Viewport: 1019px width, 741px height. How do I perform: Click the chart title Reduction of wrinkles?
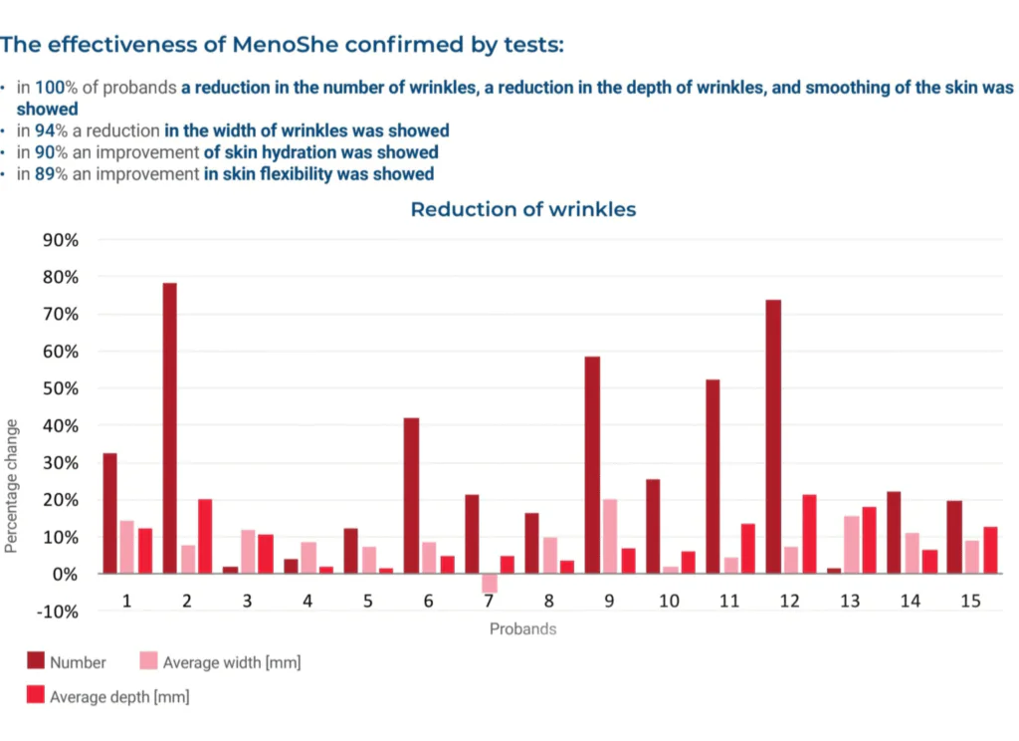522,209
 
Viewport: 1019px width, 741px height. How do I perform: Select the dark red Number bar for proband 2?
170,428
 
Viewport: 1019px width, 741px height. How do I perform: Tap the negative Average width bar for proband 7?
490,583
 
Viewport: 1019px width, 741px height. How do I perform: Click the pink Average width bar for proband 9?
610,536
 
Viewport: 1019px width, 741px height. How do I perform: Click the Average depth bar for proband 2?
205,536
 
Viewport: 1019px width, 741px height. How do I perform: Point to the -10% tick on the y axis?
61,611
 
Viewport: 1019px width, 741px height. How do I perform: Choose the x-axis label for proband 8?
549,602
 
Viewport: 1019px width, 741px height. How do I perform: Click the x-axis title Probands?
522,628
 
